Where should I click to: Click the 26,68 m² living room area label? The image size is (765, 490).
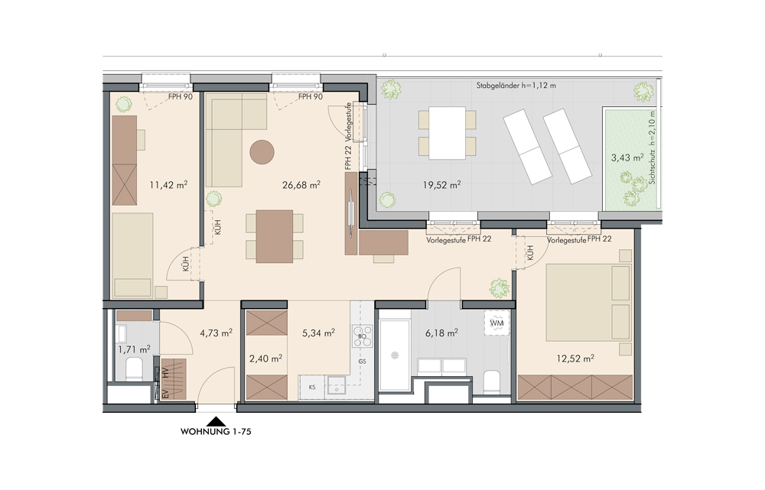pyautogui.click(x=301, y=185)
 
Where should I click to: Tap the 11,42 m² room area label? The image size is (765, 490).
pyautogui.click(x=168, y=185)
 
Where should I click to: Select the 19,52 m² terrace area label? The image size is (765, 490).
pyautogui.click(x=441, y=185)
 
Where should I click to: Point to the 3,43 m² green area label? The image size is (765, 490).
pyautogui.click(x=627, y=157)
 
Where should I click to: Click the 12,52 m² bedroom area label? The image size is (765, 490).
pyautogui.click(x=575, y=359)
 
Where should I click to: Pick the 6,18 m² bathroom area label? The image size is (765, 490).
pyautogui.click(x=441, y=333)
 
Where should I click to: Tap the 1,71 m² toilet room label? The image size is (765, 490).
pyautogui.click(x=134, y=349)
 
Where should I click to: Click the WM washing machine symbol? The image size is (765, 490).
pyautogui.click(x=496, y=323)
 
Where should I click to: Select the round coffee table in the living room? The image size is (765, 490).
pyautogui.click(x=262, y=152)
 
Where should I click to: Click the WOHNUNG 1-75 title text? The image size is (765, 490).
pyautogui.click(x=216, y=431)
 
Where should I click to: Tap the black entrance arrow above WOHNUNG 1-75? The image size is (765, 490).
pyautogui.click(x=216, y=422)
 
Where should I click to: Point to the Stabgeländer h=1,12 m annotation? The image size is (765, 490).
pyautogui.click(x=516, y=86)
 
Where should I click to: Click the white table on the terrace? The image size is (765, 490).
pyautogui.click(x=448, y=132)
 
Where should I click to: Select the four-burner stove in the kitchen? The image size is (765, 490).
pyautogui.click(x=363, y=336)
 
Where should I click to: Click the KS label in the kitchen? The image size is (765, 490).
pyautogui.click(x=312, y=388)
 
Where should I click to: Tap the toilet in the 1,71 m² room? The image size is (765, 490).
pyautogui.click(x=134, y=368)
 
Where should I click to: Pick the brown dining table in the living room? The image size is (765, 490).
pyautogui.click(x=274, y=236)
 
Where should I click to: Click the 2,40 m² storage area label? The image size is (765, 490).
pyautogui.click(x=265, y=359)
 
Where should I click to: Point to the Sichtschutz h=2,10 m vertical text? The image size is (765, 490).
pyautogui.click(x=653, y=148)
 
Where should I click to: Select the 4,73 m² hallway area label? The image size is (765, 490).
pyautogui.click(x=216, y=333)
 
